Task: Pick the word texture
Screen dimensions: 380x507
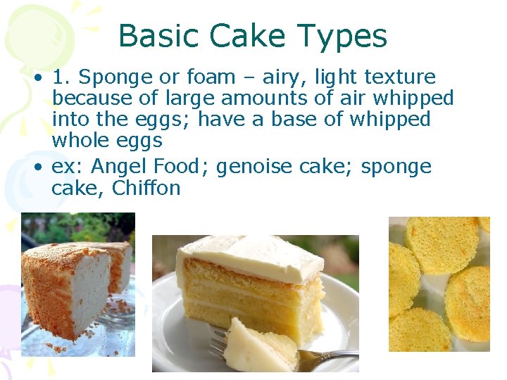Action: click(x=402, y=77)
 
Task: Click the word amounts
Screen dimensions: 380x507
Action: click(x=241, y=99)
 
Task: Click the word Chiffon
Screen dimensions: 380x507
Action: click(x=146, y=189)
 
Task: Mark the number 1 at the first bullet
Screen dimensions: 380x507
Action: click(x=58, y=77)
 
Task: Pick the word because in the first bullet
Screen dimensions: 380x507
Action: click(x=87, y=99)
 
